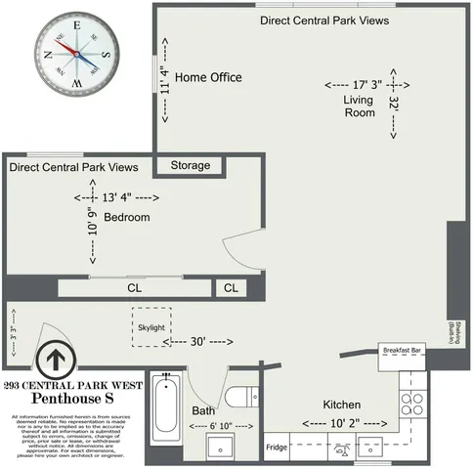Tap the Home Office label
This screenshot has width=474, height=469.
tap(208, 77)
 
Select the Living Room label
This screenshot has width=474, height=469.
tap(359, 107)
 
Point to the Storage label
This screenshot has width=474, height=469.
tap(191, 166)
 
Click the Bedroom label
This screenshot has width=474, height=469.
tap(127, 217)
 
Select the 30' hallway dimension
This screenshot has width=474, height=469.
tap(199, 342)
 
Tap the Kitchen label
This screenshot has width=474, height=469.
tap(342, 405)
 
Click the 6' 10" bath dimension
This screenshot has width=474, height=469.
tap(204, 427)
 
